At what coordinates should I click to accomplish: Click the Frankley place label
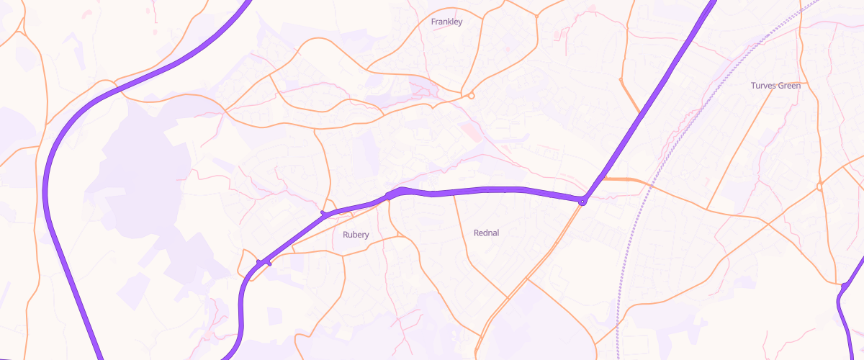[446, 22]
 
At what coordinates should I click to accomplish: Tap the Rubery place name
[356, 235]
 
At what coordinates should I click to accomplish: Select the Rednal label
[487, 233]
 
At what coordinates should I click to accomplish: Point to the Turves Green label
[775, 86]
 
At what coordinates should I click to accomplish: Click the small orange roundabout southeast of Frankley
[471, 95]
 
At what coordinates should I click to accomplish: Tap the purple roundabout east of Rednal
[582, 202]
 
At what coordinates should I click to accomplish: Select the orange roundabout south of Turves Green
[819, 187]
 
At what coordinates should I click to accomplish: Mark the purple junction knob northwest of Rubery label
[324, 214]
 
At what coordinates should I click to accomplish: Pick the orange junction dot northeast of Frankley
[536, 14]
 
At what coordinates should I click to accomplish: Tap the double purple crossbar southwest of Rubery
[264, 262]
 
